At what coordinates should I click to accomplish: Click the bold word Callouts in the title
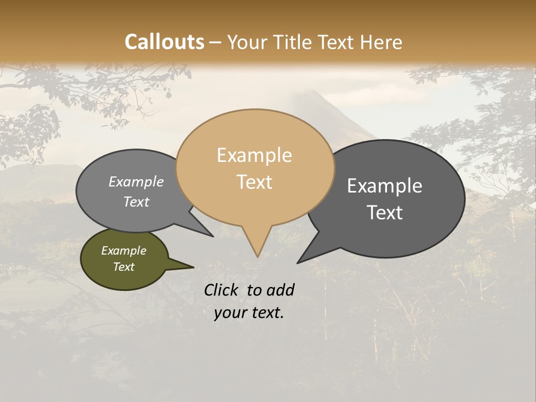164,42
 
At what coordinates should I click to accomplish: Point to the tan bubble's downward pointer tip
257,256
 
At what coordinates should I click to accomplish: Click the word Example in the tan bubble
254,155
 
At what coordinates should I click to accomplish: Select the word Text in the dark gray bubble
385,213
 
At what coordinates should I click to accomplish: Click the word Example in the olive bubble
123,251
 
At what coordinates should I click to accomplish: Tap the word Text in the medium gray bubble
136,202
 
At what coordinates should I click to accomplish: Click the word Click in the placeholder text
222,290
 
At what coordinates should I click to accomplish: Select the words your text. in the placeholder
249,313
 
